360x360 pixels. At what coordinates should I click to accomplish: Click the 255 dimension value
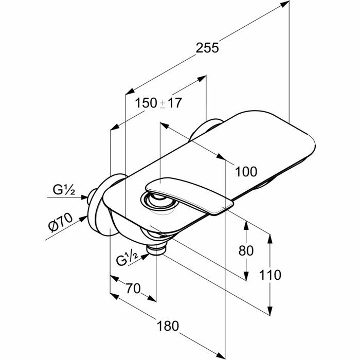(x=208, y=48)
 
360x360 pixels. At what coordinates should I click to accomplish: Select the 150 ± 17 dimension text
(x=158, y=103)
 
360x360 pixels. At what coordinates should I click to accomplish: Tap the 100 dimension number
(x=247, y=171)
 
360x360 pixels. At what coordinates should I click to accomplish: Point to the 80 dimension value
(x=247, y=250)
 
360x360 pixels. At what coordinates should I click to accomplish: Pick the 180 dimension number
(x=168, y=326)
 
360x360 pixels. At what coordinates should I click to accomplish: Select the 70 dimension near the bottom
(x=133, y=289)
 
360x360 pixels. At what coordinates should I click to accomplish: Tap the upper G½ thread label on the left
(x=64, y=190)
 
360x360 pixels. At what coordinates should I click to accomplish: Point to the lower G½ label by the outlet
(x=129, y=259)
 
